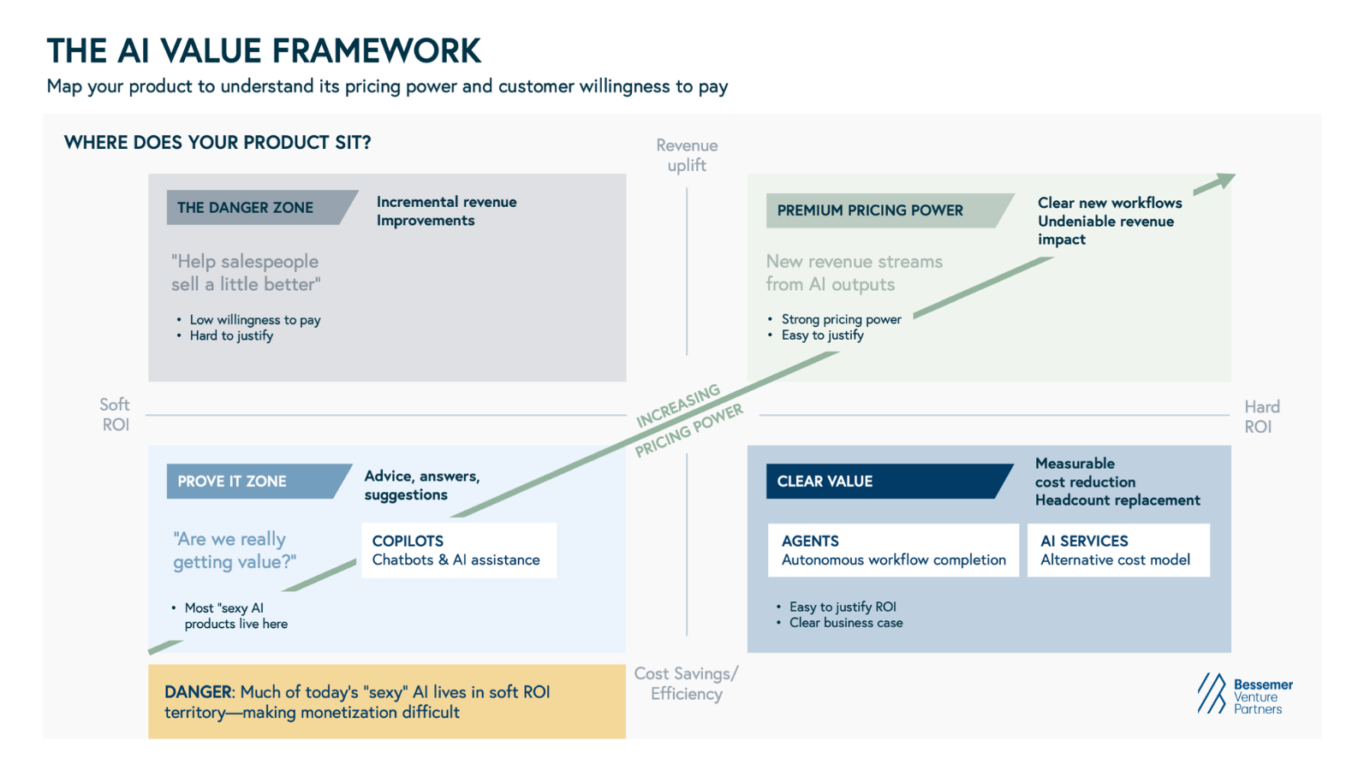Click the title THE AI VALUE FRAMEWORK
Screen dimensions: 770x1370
pos(264,51)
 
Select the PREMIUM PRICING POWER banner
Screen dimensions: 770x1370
pos(882,210)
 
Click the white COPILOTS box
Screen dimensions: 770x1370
pos(458,550)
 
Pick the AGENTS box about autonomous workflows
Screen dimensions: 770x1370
pos(893,550)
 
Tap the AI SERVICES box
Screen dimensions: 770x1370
pos(1117,550)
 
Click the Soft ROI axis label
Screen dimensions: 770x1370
pos(115,414)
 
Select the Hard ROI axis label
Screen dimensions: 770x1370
pos(1261,417)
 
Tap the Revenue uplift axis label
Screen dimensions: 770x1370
pos(687,155)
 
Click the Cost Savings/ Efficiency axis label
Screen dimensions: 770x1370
pos(686,684)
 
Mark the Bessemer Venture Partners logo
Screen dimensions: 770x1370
pos(1245,696)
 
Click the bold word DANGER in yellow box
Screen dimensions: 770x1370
pos(198,692)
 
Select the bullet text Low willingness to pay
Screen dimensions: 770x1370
pos(254,320)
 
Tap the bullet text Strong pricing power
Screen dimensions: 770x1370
pos(841,319)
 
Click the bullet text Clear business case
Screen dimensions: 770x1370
pos(845,623)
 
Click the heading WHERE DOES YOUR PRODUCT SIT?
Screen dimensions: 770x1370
pos(217,143)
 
